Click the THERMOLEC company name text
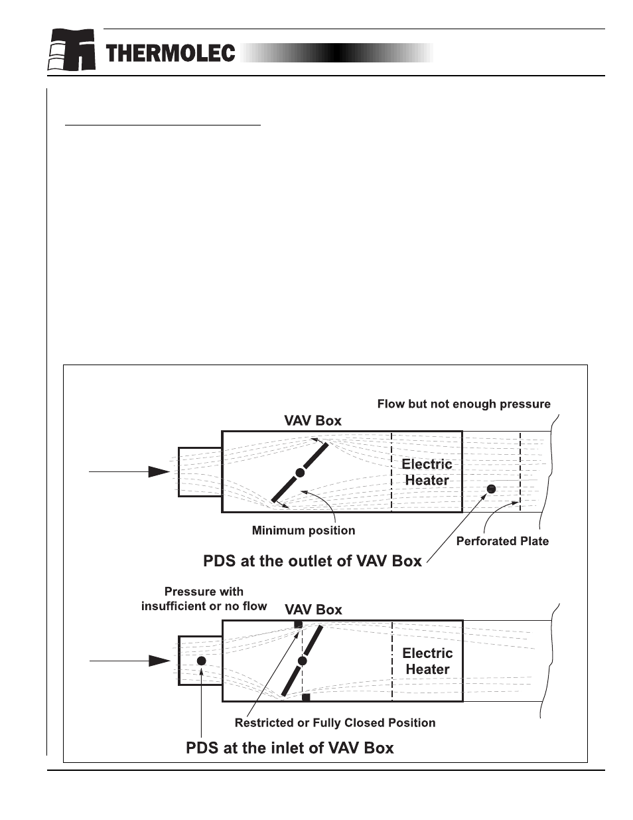coord(170,54)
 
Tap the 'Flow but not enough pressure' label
coord(464,404)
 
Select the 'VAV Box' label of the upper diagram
coord(313,420)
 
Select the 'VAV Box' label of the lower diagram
coord(313,610)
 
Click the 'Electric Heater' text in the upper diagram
coord(427,472)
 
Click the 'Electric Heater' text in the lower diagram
coord(427,661)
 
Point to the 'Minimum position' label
coord(303,531)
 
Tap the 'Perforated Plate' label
coord(502,541)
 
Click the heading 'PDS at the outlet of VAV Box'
coord(312,561)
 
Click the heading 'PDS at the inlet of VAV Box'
coord(289,748)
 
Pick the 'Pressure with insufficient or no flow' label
coord(204,599)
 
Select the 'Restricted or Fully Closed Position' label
coord(335,723)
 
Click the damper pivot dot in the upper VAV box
coord(300,473)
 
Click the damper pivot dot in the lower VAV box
coord(303,661)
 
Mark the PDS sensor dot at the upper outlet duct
coord(491,489)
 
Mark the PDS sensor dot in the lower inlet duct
coord(201,661)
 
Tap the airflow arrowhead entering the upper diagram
coord(159,471)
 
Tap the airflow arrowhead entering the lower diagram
coord(159,661)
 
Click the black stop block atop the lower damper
coord(298,624)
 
